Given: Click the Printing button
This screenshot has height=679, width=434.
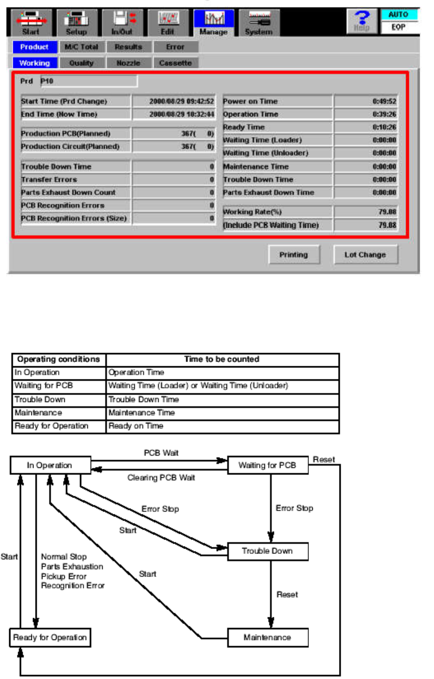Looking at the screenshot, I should (x=294, y=254).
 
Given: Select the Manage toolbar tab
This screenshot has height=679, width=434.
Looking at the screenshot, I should (x=213, y=24).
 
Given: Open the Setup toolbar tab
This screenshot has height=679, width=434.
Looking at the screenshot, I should (x=76, y=24).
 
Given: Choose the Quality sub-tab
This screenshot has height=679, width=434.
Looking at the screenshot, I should (x=81, y=63).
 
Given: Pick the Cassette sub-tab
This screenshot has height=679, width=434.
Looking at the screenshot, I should (x=175, y=63).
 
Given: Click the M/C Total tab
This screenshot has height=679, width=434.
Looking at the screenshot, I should (x=81, y=47).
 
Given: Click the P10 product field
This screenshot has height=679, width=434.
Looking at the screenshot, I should (x=88, y=82).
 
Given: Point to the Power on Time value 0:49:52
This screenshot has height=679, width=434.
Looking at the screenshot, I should (x=367, y=101).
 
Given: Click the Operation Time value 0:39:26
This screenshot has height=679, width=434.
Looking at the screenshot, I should (x=367, y=114).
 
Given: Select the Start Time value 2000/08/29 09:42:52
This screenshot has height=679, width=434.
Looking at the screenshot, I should (x=173, y=101).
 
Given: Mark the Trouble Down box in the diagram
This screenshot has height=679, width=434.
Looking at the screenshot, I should (x=267, y=551).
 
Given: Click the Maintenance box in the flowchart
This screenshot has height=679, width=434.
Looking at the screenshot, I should (x=267, y=637).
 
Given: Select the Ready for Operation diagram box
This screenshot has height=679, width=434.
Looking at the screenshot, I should (x=50, y=637).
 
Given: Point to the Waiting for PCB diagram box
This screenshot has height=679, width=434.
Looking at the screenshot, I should (x=267, y=466).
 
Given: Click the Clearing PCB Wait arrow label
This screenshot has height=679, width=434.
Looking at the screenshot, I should (x=161, y=478).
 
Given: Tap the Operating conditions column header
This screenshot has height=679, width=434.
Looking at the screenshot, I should (x=58, y=360).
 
